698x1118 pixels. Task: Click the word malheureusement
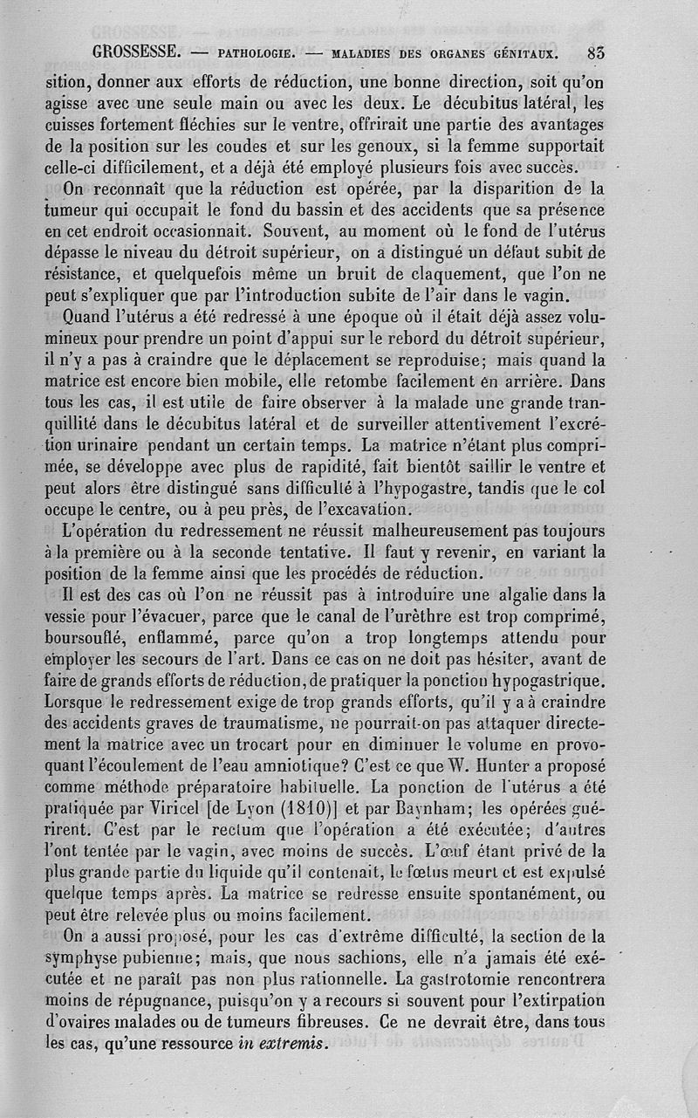tap(444, 532)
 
